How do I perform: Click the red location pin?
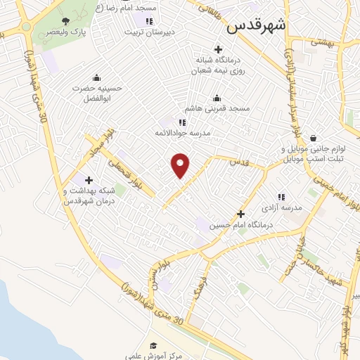(181, 166)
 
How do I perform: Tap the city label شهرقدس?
(257, 27)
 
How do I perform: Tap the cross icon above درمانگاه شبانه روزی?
(219, 49)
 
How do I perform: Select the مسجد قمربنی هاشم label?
(217, 109)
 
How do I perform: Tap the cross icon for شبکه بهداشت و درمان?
(89, 181)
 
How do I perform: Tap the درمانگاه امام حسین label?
(241, 225)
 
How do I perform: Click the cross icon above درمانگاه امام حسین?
(240, 214)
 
